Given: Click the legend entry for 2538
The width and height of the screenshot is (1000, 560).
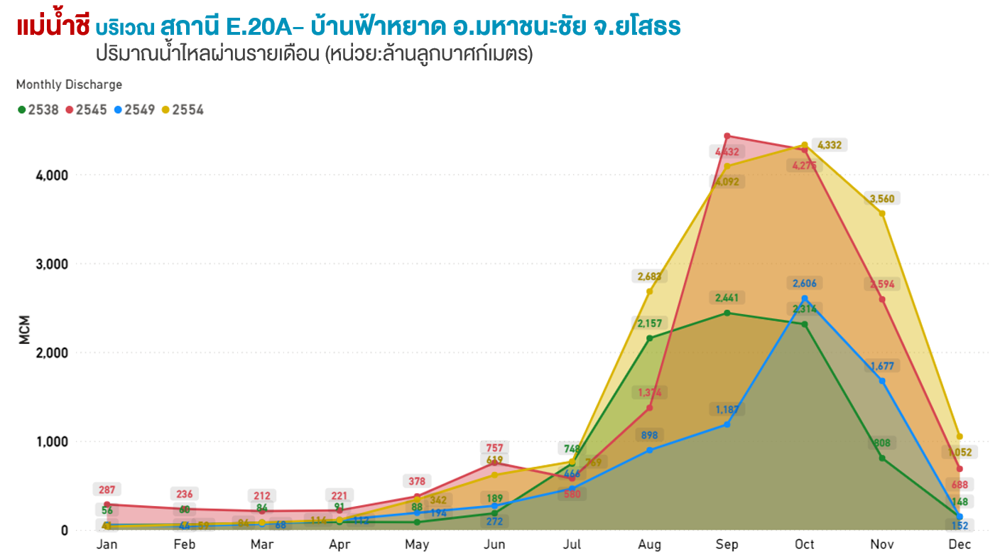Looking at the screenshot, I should tap(38, 110).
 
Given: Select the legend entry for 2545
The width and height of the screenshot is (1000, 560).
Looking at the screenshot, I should tap(86, 110).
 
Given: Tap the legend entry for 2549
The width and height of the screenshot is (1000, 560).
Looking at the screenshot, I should tap(134, 110).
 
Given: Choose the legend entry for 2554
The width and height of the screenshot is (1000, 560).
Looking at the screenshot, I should tap(183, 110).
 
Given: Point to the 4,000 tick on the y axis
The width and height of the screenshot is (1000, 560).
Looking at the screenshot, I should tap(52, 175).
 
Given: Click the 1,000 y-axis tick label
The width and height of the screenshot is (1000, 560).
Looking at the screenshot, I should tap(52, 441).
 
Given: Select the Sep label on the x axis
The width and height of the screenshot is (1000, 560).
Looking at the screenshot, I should tap(727, 545).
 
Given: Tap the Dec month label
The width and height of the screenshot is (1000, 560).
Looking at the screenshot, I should tap(960, 545).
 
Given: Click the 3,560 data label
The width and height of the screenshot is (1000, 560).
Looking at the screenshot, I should tap(882, 199).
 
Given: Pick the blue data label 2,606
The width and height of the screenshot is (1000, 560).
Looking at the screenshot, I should tap(805, 284).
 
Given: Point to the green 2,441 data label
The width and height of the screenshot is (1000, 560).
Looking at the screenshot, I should tap(727, 298).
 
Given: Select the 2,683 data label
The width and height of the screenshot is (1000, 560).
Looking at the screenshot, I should tap(649, 276).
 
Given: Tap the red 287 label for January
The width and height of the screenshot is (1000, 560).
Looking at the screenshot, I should tap(107, 490).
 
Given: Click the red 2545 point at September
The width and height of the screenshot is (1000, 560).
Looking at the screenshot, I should tap(727, 136).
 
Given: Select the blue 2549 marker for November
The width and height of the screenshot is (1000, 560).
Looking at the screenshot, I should tap(882, 381).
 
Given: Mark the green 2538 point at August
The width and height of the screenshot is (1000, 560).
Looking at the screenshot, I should tap(649, 338).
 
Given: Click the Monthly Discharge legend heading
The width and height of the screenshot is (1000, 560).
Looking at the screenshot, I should tap(69, 85).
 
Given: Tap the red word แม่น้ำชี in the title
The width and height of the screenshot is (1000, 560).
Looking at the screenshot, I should tap(53, 27).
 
